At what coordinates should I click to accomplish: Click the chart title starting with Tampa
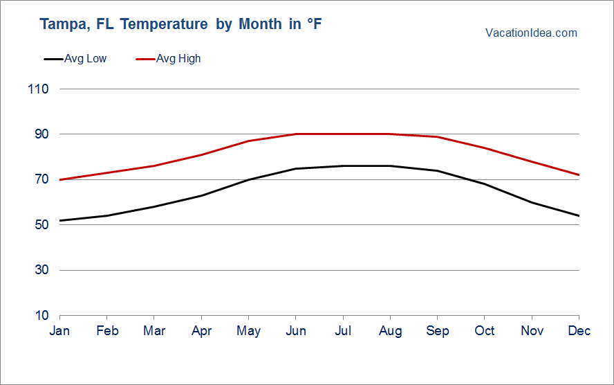pos(181,24)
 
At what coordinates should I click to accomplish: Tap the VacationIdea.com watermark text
pos(531,33)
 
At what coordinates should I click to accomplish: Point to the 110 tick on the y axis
pos(39,89)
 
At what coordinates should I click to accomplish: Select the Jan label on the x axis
pos(59,331)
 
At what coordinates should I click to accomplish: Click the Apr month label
pos(201,331)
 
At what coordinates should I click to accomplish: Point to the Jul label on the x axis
pos(343,331)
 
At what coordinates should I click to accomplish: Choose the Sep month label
pos(438,331)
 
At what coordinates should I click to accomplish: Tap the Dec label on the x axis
pos(579,331)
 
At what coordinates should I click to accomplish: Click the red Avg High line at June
pos(296,134)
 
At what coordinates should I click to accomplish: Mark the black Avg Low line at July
pos(343,165)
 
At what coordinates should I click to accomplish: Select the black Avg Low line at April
pos(201,195)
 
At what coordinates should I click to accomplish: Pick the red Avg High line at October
pos(485,147)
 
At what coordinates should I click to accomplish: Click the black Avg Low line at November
pos(532,202)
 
